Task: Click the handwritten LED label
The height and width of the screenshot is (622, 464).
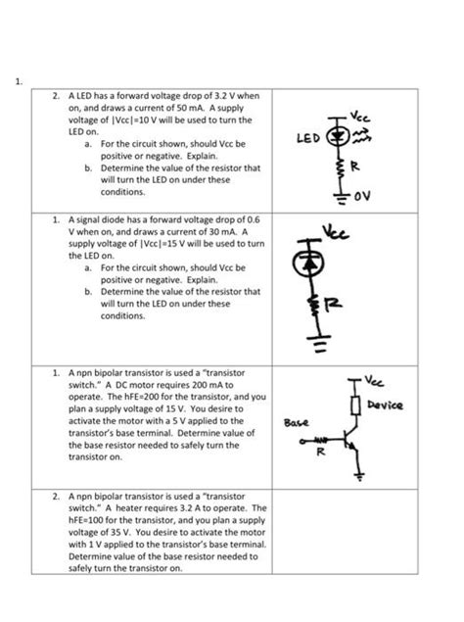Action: click(x=308, y=138)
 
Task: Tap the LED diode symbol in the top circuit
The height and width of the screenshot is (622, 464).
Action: click(x=338, y=136)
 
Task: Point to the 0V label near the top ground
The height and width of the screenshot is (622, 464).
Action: click(x=362, y=196)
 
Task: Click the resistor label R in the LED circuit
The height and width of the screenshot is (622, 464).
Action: click(x=354, y=167)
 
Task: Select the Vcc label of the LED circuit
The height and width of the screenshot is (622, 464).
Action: click(x=359, y=117)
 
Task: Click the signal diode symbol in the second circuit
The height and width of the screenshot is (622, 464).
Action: click(x=308, y=263)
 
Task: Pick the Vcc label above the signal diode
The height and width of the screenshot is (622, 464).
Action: click(x=335, y=232)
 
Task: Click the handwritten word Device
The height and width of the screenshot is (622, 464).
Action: click(x=385, y=405)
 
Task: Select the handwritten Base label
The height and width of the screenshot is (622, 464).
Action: click(x=296, y=422)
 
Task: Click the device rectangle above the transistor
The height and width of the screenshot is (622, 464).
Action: click(x=355, y=405)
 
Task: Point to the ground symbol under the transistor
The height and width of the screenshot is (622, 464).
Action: click(x=359, y=475)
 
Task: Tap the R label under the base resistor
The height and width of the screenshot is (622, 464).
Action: click(x=321, y=451)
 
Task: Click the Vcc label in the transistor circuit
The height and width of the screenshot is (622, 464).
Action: click(x=374, y=381)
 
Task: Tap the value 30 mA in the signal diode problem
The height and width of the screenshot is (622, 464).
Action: click(x=223, y=232)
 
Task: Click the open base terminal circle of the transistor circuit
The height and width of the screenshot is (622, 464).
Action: click(x=302, y=441)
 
